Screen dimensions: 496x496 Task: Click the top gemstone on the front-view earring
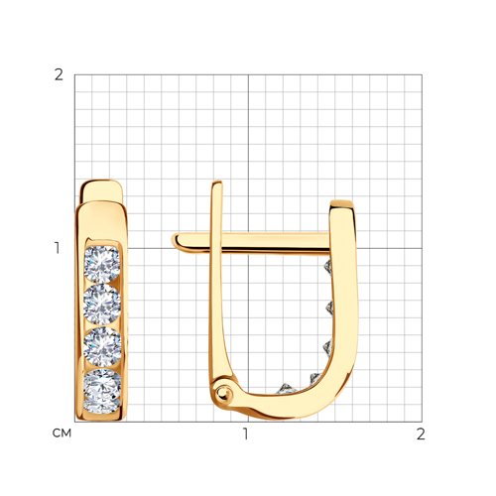[x=102, y=266]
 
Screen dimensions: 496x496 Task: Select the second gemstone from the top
[x=102, y=306]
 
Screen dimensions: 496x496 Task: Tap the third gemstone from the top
[x=102, y=347]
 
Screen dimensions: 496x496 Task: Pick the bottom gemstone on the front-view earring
[x=102, y=391]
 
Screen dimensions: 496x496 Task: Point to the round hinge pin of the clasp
[x=225, y=395]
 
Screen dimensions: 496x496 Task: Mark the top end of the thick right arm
[x=343, y=204]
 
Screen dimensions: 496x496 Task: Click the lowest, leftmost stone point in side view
[x=287, y=385]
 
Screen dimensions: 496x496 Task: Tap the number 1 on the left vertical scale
[x=59, y=247]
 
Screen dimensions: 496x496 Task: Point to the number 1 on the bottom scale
[x=246, y=434]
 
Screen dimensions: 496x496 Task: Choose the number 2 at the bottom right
[x=420, y=434]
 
